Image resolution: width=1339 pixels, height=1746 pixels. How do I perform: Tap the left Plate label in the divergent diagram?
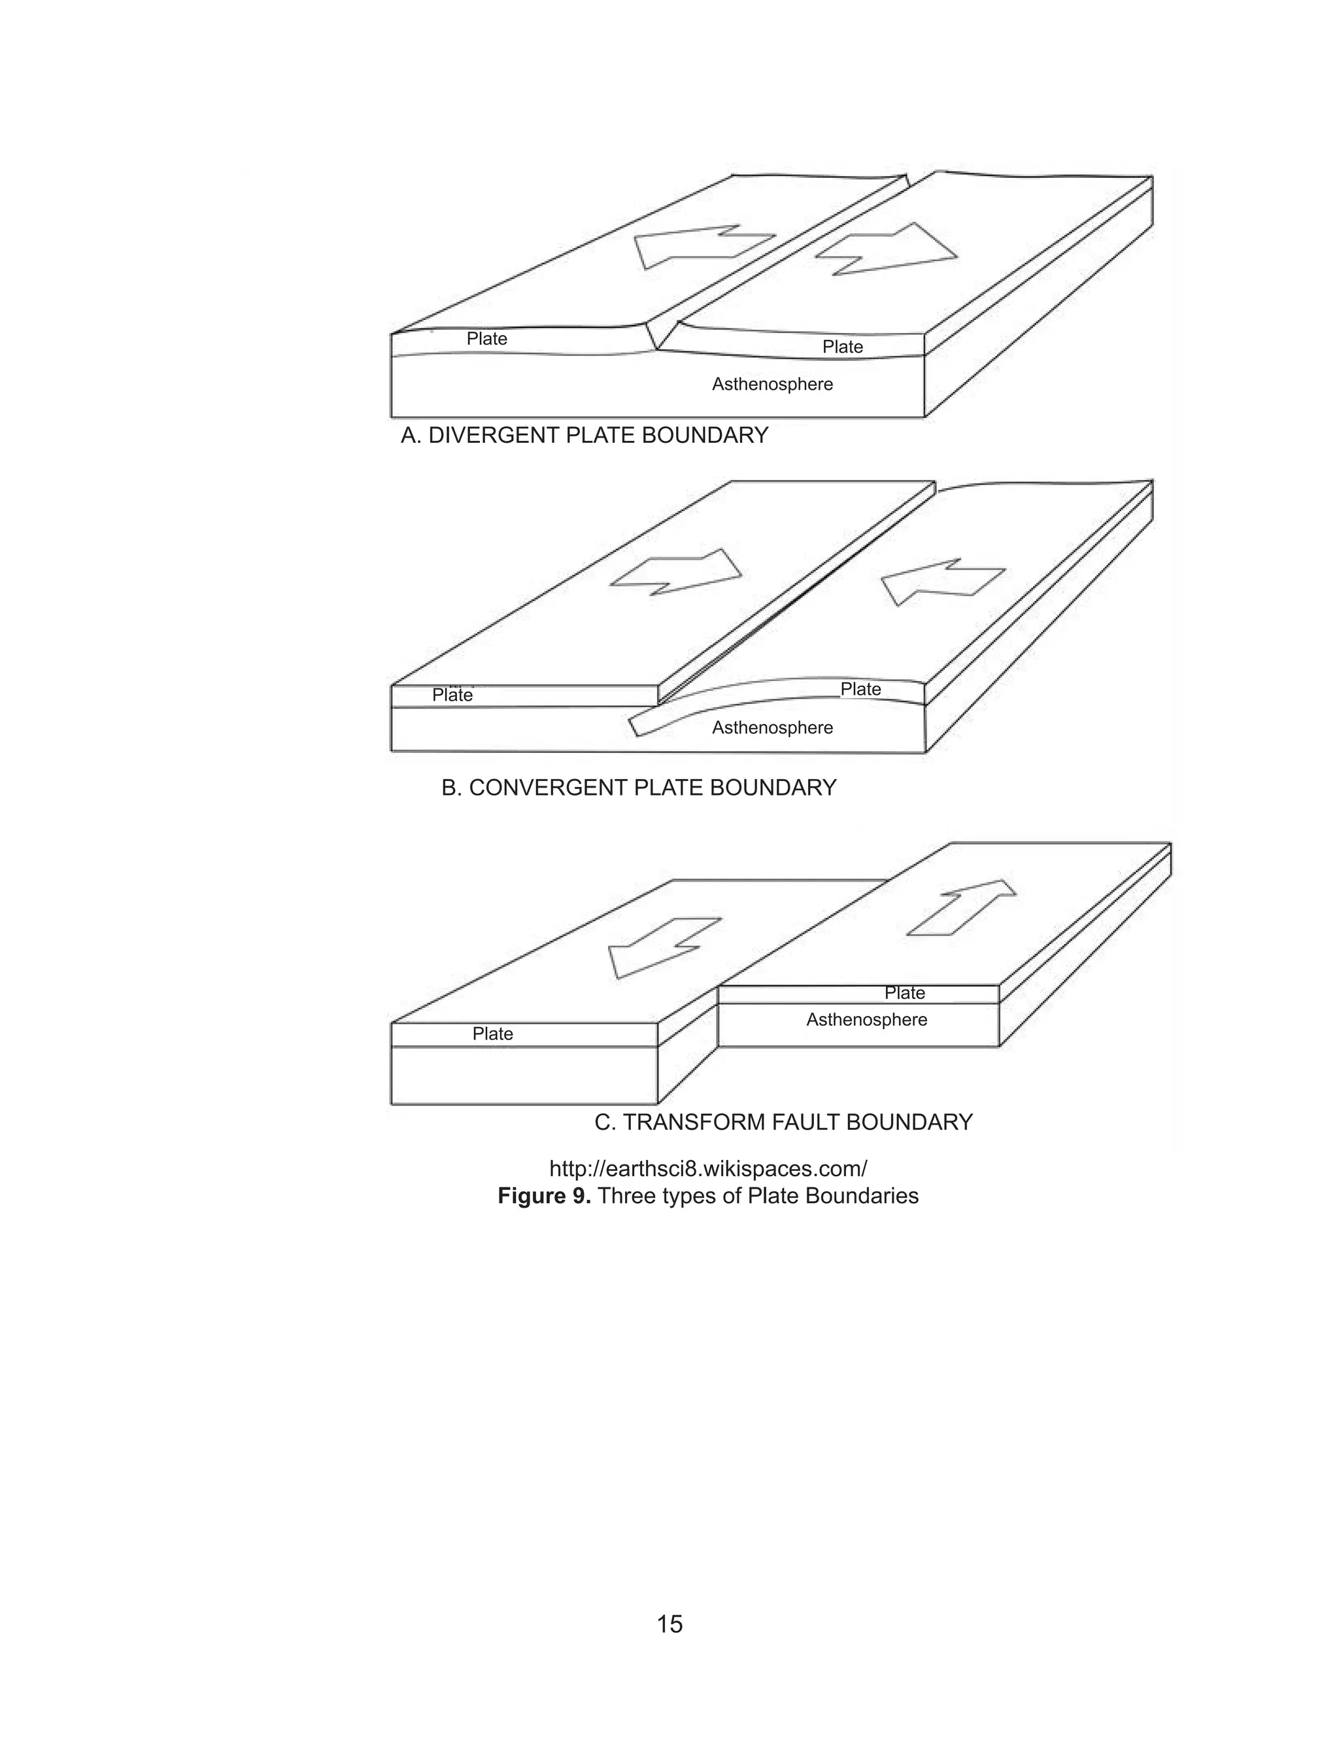pos(487,339)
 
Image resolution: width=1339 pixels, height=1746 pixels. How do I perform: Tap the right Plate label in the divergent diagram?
pos(843,347)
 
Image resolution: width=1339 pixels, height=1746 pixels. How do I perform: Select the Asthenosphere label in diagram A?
pos(771,384)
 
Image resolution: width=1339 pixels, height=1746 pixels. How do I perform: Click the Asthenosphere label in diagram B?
pos(771,728)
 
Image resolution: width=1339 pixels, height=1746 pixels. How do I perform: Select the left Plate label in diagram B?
pos(452,695)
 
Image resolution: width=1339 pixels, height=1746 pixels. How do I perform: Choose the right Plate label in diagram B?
pos(861,689)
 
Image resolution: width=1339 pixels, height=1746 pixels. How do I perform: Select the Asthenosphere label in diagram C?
pos(866,1020)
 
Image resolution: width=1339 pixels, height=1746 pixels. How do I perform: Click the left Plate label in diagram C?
pos(492,1034)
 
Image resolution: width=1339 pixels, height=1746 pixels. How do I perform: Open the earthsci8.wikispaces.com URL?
pos(708,1169)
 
